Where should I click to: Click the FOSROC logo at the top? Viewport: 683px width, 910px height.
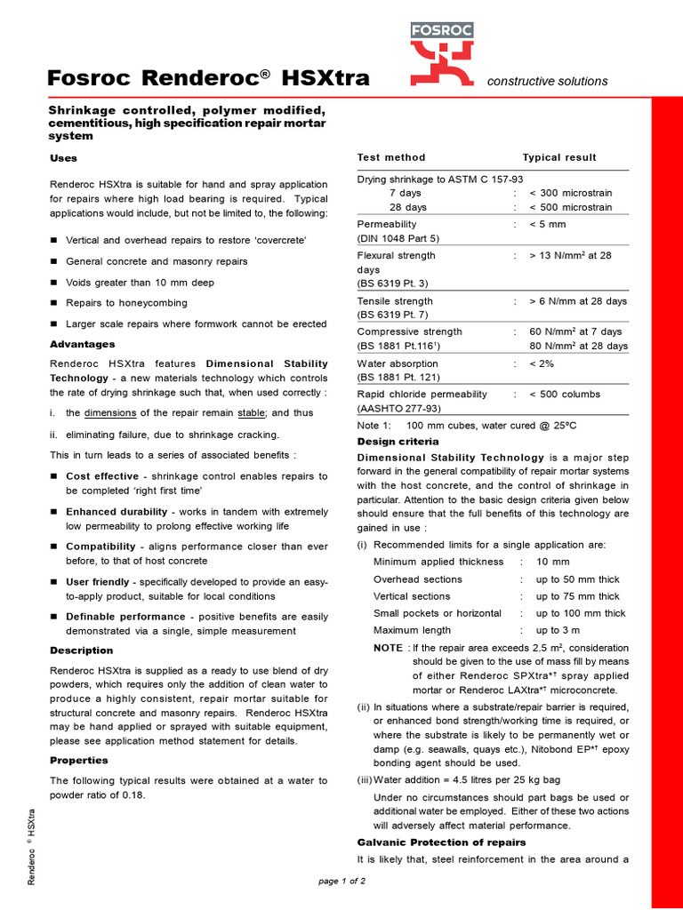[441, 52]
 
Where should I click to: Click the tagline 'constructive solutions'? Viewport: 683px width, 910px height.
[548, 82]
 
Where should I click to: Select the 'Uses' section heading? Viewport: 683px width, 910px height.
[63, 158]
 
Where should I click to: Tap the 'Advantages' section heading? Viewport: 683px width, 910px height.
[82, 344]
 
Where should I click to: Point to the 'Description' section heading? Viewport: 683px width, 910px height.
[82, 651]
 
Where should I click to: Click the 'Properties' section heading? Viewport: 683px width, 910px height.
[79, 761]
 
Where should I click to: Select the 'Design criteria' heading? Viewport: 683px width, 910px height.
[398, 442]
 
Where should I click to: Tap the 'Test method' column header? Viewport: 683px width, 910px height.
[391, 157]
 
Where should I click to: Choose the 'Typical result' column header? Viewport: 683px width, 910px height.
[559, 157]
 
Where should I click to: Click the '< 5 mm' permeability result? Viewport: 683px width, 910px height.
[548, 225]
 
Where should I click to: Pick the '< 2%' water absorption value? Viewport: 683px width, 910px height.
[542, 363]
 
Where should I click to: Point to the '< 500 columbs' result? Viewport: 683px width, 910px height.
[565, 395]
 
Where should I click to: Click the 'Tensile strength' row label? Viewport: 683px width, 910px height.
[395, 301]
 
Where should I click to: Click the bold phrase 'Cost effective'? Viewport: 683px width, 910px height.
[102, 476]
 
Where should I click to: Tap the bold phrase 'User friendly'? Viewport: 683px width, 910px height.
[97, 581]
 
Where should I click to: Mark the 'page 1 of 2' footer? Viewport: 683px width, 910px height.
[341, 881]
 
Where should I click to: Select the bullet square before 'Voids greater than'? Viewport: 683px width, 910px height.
[53, 283]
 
